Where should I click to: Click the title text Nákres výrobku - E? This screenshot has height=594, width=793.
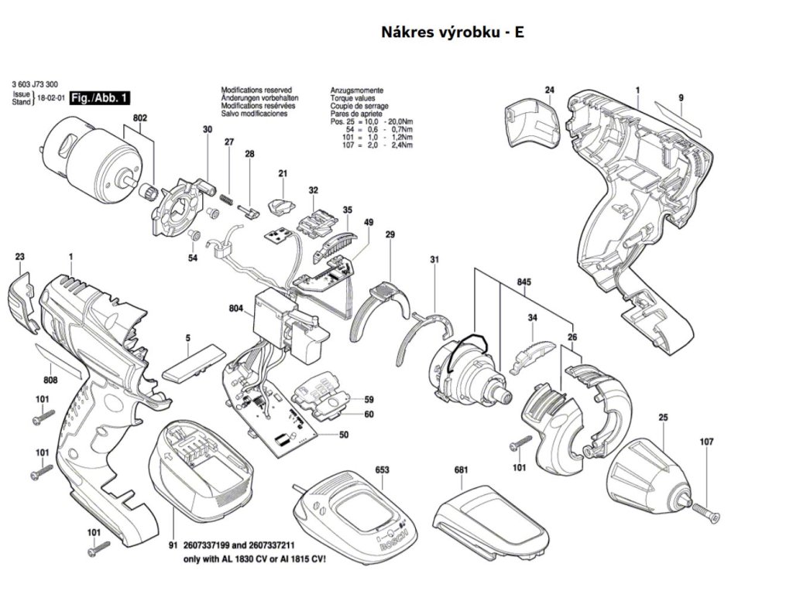(x=452, y=33)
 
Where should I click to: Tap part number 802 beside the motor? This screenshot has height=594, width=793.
(x=139, y=118)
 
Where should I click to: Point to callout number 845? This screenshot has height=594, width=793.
(x=524, y=283)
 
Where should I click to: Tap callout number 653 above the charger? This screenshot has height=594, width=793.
(x=382, y=469)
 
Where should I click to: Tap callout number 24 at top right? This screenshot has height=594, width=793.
(x=549, y=90)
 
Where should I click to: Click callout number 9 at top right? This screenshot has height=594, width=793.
(x=681, y=97)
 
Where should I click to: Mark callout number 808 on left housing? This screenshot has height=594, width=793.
(x=50, y=380)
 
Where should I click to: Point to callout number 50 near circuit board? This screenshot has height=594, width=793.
(x=343, y=435)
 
